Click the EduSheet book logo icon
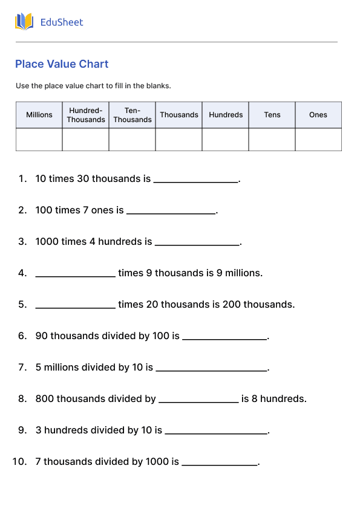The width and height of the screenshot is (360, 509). [24, 22]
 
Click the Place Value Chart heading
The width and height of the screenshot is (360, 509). [62, 64]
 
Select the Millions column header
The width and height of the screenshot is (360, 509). [39, 115]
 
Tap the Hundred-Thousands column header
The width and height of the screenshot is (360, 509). [86, 115]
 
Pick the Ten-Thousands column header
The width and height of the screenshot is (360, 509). [133, 115]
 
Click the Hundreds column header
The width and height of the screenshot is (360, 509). [226, 115]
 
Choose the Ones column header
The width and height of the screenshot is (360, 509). [318, 115]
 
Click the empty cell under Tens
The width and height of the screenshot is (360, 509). [272, 140]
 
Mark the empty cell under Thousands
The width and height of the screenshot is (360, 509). [179, 140]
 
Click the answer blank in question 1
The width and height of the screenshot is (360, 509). [196, 180]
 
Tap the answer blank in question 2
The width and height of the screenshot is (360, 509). [171, 211]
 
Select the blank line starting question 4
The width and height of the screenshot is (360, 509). [75, 274]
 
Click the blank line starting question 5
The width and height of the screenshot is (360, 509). [75, 305]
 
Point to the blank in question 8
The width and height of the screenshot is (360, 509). [198, 400]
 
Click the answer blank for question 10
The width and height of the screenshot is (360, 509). [220, 462]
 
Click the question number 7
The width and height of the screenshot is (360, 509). [22, 368]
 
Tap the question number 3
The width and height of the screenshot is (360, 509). [22, 242]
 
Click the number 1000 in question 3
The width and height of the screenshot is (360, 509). [47, 242]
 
